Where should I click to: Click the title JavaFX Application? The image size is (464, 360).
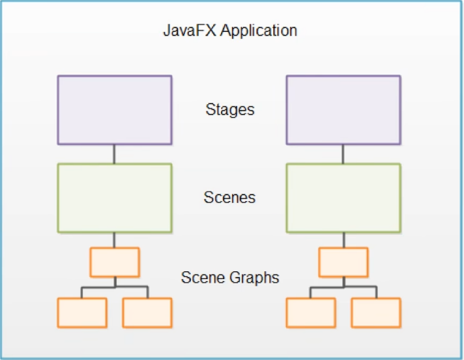230,31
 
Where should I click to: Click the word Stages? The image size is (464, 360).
230,110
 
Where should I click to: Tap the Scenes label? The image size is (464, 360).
229,197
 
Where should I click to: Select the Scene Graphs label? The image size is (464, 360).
229,277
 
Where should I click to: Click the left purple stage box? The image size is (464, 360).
114,110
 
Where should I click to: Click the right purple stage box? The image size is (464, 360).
343,110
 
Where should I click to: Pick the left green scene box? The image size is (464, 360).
114,197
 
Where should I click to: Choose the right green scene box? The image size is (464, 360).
343,197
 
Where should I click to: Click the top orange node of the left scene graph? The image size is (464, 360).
114,262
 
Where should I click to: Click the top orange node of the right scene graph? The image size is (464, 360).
343,262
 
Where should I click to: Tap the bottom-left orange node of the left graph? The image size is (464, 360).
82,312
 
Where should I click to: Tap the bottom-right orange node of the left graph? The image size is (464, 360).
147,312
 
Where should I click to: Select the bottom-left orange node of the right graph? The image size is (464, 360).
311,312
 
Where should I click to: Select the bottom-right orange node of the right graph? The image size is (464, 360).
376,312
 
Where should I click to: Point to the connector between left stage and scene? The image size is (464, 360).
114,154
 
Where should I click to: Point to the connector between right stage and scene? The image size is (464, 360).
343,154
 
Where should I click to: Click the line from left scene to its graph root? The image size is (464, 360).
114,240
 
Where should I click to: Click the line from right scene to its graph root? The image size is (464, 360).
343,240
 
